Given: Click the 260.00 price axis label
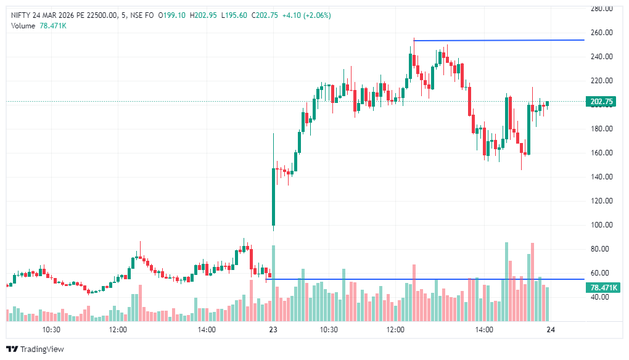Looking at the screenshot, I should [601, 33].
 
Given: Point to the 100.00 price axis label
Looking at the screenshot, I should [601, 225].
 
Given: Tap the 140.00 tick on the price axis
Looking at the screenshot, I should [601, 177].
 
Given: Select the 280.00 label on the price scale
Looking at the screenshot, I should [601, 9].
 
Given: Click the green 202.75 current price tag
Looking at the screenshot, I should [601, 102].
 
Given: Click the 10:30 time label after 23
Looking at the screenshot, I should [329, 330].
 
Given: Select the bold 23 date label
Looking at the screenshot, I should [273, 330].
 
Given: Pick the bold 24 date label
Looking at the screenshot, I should [551, 330].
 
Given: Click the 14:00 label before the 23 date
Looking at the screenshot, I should [207, 330].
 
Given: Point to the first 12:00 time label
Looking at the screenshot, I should [118, 330].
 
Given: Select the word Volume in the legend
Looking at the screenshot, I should [23, 26].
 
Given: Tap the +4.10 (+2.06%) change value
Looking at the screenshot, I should [306, 15].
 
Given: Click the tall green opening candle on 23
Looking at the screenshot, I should [273, 197].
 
